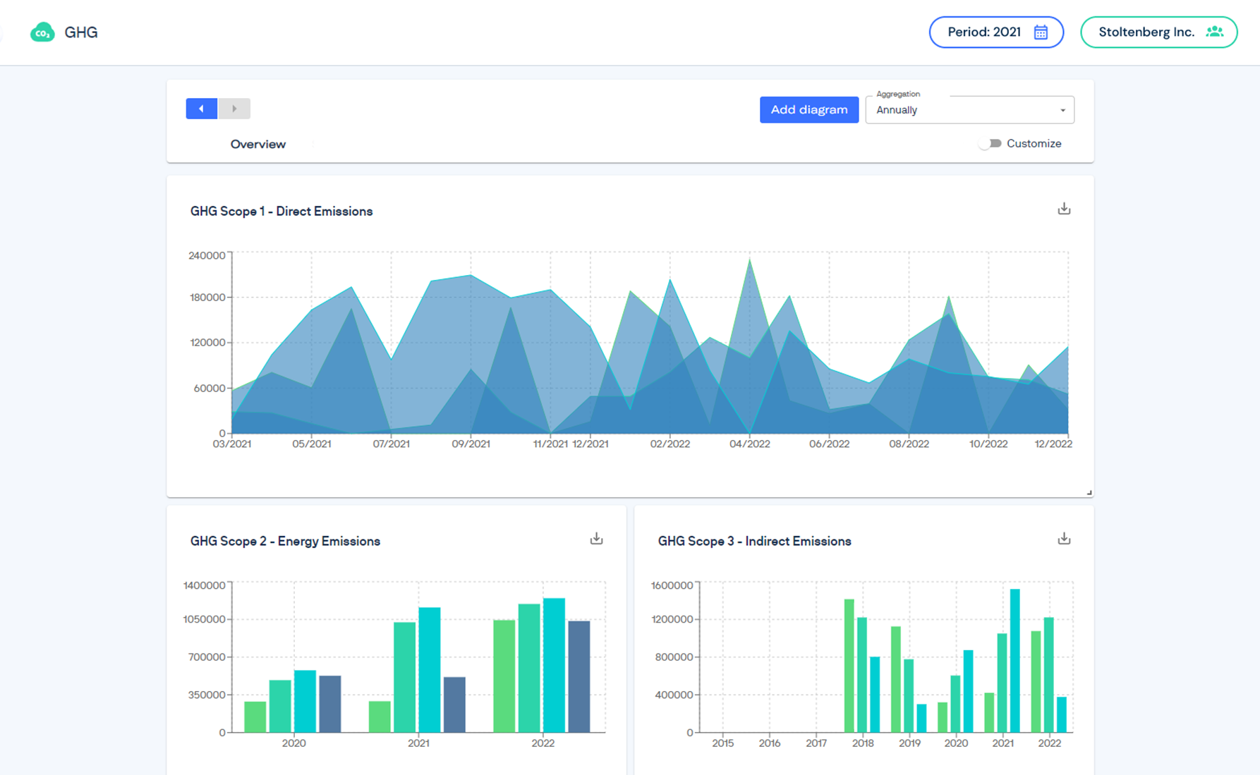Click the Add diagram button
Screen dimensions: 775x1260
coord(808,109)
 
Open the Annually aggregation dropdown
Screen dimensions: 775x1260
coord(969,110)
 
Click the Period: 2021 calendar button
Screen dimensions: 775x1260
coord(996,32)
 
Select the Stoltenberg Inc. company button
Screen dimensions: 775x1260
coord(1158,32)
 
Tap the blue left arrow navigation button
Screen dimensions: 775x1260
coord(202,109)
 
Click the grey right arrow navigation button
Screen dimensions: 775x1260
coord(234,109)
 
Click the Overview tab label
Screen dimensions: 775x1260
coord(258,144)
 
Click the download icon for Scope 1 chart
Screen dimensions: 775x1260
coord(1064,209)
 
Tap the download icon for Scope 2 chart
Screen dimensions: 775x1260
coord(596,539)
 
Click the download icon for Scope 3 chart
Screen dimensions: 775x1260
coord(1064,539)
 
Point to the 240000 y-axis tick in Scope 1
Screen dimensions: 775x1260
coord(207,255)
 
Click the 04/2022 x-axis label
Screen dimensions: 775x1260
coord(749,444)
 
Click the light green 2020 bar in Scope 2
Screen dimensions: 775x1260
coord(255,716)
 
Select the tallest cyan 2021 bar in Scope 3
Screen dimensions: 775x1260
coord(1014,660)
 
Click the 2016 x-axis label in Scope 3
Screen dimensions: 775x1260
coord(769,743)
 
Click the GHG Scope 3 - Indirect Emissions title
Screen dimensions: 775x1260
coord(754,541)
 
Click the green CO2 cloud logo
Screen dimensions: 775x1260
coord(42,32)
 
